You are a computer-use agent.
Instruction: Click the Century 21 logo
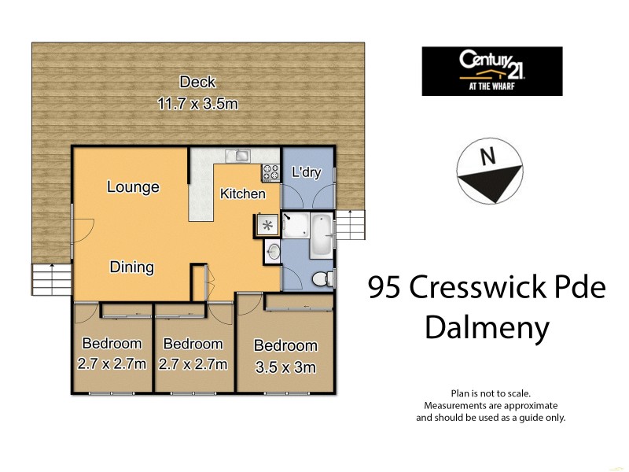point(491,71)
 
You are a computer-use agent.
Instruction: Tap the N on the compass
point(488,157)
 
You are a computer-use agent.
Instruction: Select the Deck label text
point(197,82)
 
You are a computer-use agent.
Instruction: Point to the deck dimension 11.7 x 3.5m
point(197,102)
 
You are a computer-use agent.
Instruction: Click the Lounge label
point(133,187)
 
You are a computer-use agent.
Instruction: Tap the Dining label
point(131,267)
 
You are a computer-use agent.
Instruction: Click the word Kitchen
point(242,194)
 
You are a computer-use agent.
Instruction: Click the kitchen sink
point(237,155)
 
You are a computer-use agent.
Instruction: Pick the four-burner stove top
point(271,168)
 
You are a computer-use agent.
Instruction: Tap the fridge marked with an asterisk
point(266,226)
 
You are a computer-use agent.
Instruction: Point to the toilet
point(322,279)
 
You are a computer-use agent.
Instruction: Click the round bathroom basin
point(273,252)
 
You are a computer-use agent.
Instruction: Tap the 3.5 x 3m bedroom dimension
point(285,367)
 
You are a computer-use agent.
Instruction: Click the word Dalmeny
point(487,327)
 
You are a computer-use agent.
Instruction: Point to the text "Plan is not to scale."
point(491,393)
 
